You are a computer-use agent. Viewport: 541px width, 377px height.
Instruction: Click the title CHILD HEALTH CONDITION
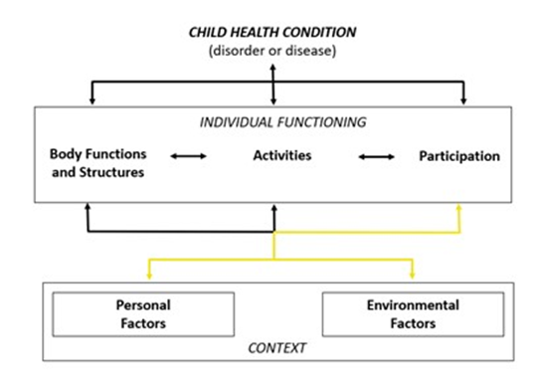tap(272, 32)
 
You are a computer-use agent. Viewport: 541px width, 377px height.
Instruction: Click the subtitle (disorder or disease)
tap(272, 51)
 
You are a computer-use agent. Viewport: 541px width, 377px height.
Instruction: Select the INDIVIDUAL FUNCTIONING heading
tap(282, 122)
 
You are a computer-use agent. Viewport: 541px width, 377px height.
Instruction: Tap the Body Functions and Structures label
tap(98, 163)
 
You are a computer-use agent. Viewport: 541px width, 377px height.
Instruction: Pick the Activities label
tap(282, 155)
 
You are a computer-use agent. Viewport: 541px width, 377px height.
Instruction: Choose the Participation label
tap(459, 156)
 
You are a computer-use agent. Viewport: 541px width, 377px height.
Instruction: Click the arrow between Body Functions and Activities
tap(188, 156)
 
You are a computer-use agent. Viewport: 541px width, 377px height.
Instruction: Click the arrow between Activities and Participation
tap(377, 157)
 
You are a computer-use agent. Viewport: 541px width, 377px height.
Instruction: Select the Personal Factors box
tap(143, 314)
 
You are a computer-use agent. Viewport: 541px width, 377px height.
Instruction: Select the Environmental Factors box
tap(413, 314)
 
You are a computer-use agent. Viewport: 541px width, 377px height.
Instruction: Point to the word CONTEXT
tap(277, 348)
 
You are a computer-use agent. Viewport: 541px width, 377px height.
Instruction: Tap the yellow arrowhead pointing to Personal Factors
tap(149, 276)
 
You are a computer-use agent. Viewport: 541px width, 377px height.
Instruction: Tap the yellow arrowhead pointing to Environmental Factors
tap(413, 276)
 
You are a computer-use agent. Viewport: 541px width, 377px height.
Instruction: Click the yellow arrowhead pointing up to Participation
tap(458, 207)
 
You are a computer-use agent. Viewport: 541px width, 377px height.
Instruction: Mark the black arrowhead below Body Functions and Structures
tap(88, 207)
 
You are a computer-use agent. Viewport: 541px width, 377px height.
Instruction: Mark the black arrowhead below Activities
tap(274, 208)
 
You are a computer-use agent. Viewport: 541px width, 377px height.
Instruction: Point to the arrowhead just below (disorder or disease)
tap(272, 68)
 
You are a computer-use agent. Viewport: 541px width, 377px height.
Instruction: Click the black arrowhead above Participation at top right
tap(463, 100)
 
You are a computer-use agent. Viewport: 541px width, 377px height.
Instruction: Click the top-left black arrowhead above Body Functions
tap(92, 100)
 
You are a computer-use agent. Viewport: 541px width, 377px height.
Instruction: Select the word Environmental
tap(413, 305)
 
